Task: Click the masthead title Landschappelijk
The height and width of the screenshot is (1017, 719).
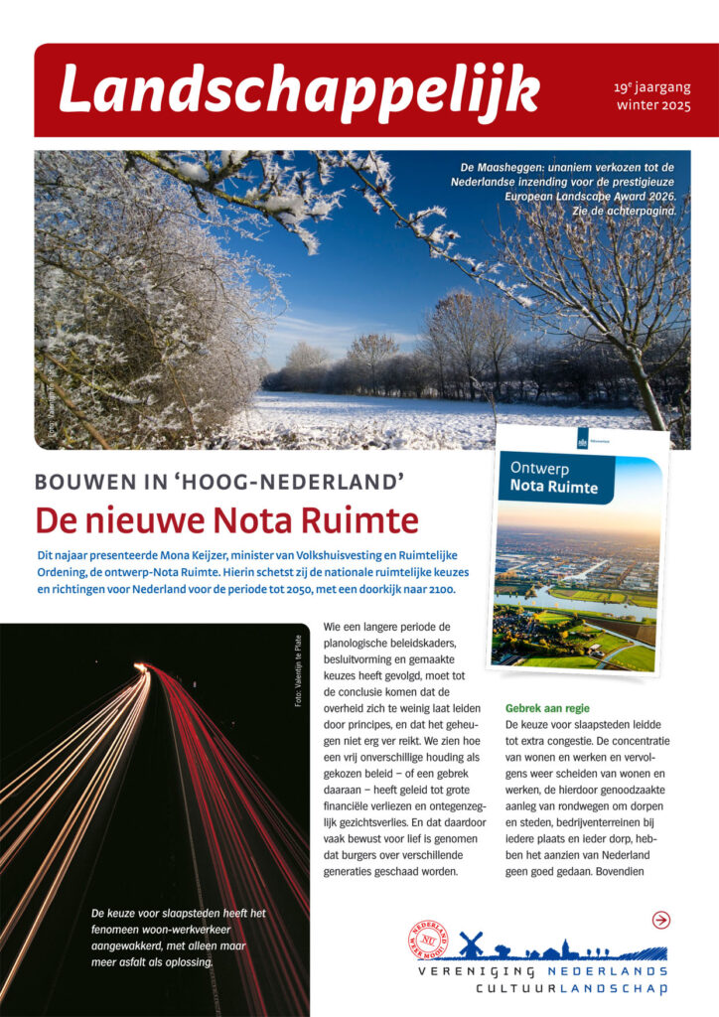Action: pos(298,91)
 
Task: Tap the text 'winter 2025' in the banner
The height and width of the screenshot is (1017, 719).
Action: pos(652,104)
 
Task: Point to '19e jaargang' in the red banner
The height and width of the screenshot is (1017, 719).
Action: pos(652,87)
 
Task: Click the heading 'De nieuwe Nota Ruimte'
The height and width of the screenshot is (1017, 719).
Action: pos(226,520)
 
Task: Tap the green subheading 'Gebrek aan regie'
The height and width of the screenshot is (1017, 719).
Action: pos(548,709)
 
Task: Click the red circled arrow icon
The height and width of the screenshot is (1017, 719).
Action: pos(661,920)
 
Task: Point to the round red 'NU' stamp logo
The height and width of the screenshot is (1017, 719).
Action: pos(428,940)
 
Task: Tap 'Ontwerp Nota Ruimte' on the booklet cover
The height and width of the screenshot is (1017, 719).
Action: pos(553,477)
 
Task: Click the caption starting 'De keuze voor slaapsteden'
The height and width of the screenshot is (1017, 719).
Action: pos(178,938)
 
